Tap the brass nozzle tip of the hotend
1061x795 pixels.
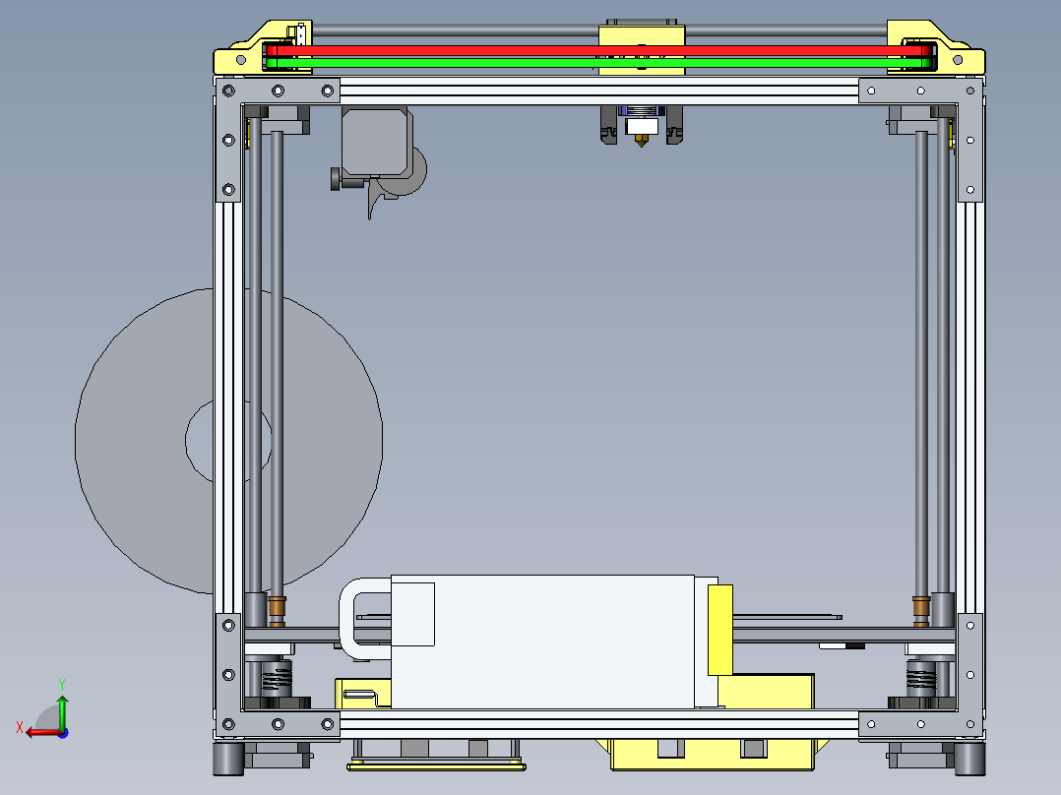click(642, 143)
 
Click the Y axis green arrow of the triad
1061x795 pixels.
click(62, 706)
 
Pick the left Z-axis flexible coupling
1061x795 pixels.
click(278, 678)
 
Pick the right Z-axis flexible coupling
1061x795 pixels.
click(921, 677)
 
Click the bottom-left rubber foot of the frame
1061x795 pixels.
click(228, 758)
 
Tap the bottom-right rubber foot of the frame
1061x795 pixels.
click(969, 758)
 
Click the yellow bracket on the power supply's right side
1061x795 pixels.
click(719, 629)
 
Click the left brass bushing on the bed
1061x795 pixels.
click(278, 609)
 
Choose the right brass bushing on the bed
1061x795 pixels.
click(921, 609)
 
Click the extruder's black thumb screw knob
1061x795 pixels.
click(338, 179)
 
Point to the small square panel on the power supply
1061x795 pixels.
click(413, 614)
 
